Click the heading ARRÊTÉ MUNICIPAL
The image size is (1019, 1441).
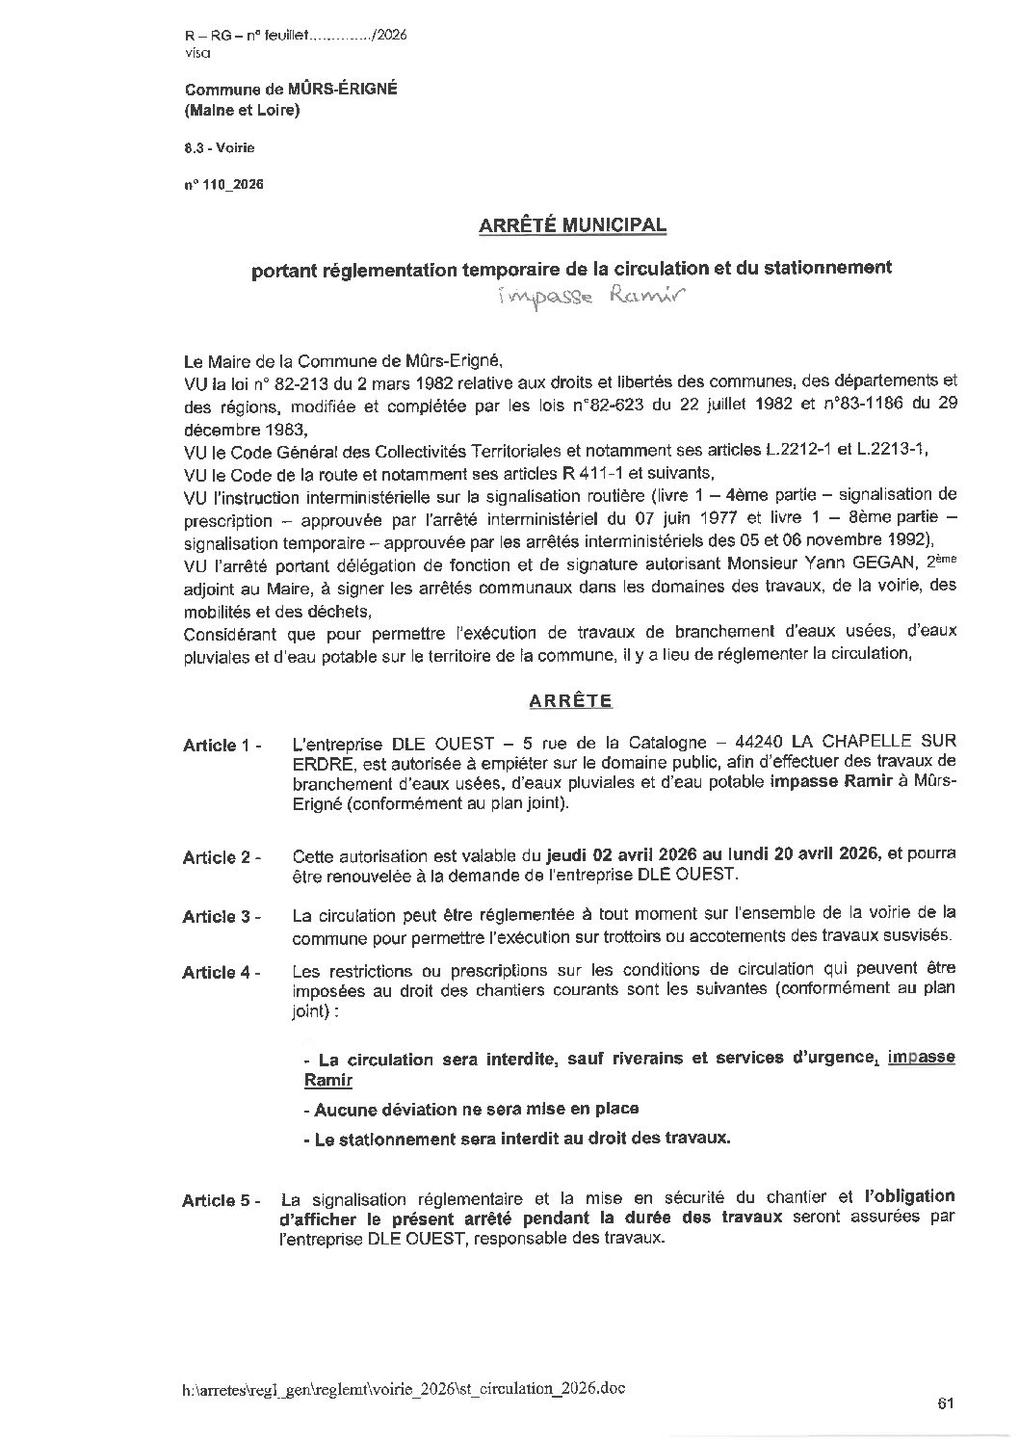point(572,225)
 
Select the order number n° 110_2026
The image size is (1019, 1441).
point(223,183)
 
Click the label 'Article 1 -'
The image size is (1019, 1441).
point(222,746)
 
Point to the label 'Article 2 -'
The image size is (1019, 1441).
point(222,857)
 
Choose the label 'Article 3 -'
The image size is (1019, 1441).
point(222,917)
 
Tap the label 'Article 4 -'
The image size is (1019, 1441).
point(222,973)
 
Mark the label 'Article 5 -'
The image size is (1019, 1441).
point(222,1201)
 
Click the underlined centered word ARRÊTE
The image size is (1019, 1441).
point(570,701)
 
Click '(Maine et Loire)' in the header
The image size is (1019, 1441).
point(242,111)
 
